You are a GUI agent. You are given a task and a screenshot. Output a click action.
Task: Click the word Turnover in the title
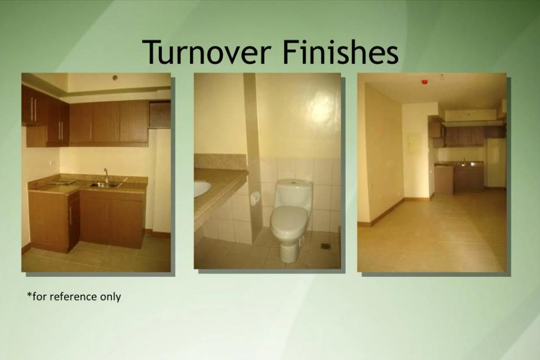(206, 52)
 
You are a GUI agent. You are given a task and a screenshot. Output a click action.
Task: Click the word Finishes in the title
(341, 52)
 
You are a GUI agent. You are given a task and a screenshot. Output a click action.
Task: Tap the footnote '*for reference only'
(74, 296)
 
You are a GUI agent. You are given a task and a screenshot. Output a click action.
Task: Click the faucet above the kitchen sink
(107, 175)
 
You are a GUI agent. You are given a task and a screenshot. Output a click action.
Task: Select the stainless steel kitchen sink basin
(105, 185)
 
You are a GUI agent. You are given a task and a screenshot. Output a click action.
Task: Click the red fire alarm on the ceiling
(425, 82)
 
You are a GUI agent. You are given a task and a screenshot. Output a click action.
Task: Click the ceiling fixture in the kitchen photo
(115, 77)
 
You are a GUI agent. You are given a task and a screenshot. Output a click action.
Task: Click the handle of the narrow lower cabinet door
(70, 216)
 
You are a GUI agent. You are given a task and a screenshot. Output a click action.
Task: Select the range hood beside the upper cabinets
(159, 114)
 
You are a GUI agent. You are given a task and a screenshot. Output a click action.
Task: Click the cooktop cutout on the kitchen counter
(63, 181)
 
